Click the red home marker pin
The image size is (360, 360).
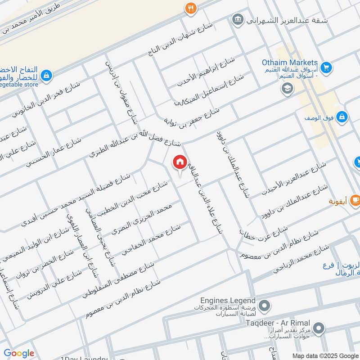tap(180, 162)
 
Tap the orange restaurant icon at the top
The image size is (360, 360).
tap(191, 8)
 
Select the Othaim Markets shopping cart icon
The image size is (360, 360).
tap(327, 67)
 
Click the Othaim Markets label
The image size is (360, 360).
tap(290, 63)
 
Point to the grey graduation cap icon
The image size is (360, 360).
tap(286, 89)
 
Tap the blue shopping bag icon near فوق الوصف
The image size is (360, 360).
tap(342, 117)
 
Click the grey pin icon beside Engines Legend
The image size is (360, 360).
tap(265, 306)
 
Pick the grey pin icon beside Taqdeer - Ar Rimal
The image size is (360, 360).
tap(319, 328)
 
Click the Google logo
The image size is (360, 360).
tap(19, 353)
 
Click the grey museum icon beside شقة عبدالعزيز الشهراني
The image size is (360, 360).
tap(237, 19)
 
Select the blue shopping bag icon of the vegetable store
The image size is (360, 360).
tap(47, 76)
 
